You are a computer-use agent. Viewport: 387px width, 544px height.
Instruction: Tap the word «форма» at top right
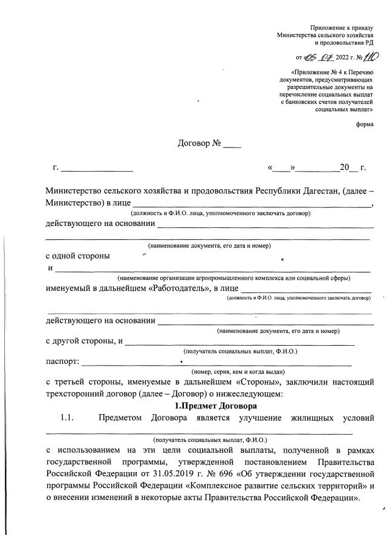[365, 124]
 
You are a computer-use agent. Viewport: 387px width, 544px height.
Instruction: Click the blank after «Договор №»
[232, 146]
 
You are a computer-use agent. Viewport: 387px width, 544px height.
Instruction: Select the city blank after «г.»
[97, 167]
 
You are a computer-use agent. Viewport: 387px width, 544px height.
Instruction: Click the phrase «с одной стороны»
[78, 256]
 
